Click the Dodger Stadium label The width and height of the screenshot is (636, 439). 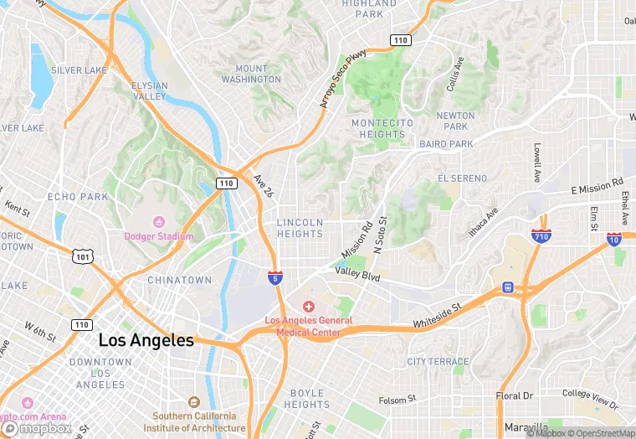[159, 236]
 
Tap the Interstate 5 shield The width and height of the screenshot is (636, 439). [274, 276]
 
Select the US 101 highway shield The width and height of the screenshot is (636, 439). [81, 256]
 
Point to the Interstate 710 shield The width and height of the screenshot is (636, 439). [541, 237]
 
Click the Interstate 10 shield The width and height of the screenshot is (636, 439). [615, 240]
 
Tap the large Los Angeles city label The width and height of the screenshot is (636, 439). [146, 341]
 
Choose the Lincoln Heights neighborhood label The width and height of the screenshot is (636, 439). [300, 228]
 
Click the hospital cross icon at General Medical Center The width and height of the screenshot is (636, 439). [308, 307]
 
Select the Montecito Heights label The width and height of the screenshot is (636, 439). [382, 128]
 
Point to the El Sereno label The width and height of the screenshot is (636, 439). [462, 178]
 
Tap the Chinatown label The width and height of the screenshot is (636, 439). [179, 280]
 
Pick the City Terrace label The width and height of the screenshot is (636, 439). [438, 361]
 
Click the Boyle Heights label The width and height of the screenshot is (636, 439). [307, 399]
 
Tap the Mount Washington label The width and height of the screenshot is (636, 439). [251, 74]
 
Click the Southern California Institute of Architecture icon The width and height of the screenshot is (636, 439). [194, 402]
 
